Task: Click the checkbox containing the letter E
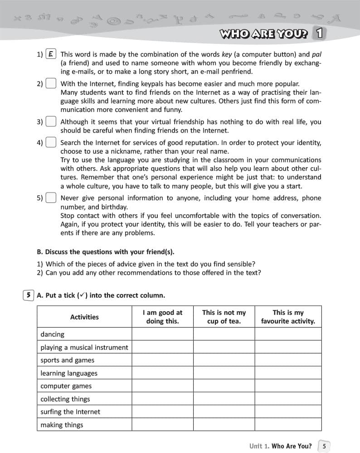pyautogui.click(x=51, y=54)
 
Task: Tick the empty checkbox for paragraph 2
pyautogui.click(x=51, y=84)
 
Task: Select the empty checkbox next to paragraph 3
pyautogui.click(x=51, y=122)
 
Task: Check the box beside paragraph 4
pyautogui.click(x=51, y=143)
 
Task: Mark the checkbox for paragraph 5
pyautogui.click(x=51, y=198)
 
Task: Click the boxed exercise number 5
pyautogui.click(x=28, y=295)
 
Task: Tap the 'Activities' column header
pyautogui.click(x=84, y=317)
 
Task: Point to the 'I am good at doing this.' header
pyautogui.click(x=162, y=317)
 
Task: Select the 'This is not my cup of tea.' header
pyautogui.click(x=224, y=317)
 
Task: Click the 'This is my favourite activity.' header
pyautogui.click(x=288, y=317)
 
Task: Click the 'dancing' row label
pyautogui.click(x=53, y=334)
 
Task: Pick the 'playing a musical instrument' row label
pyautogui.click(x=84, y=347)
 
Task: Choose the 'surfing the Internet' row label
pyautogui.click(x=70, y=412)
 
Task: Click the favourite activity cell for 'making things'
pyautogui.click(x=288, y=425)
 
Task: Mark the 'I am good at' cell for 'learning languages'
pyautogui.click(x=162, y=373)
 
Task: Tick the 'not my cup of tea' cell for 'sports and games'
pyautogui.click(x=224, y=360)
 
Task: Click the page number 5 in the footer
pyautogui.click(x=324, y=446)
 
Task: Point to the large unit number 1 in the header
pyautogui.click(x=320, y=33)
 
